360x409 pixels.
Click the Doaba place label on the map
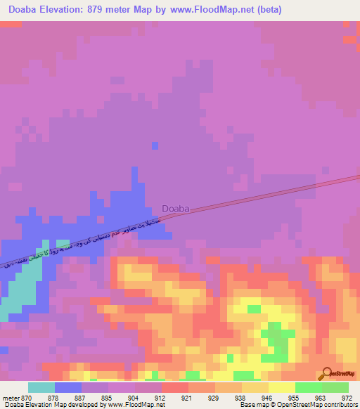click(x=175, y=208)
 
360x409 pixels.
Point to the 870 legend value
click(x=26, y=398)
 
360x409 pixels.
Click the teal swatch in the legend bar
click(x=41, y=387)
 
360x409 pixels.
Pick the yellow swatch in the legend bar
click(x=281, y=387)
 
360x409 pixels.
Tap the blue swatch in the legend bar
click(x=68, y=387)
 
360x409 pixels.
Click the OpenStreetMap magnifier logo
click(x=328, y=373)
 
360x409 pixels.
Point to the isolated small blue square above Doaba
click(x=155, y=145)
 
